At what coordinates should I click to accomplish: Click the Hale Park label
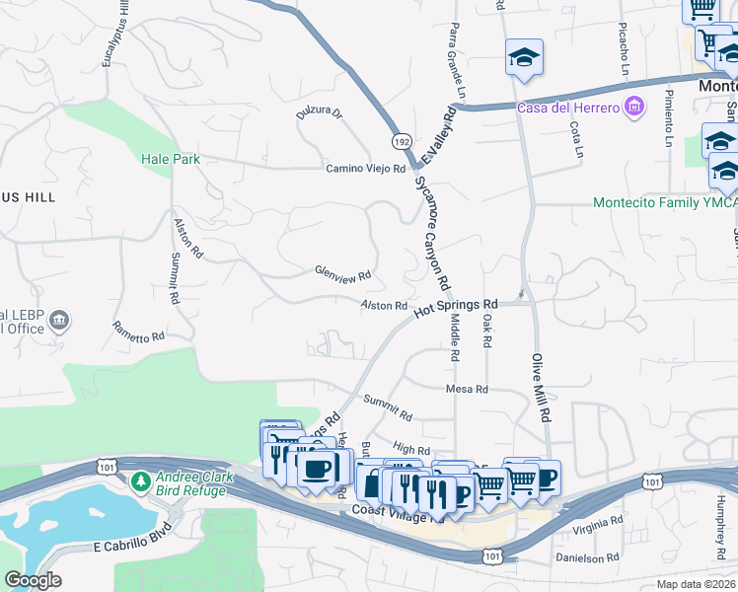click(170, 158)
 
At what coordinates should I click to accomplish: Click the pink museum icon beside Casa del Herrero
click(635, 106)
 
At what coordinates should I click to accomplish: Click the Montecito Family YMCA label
click(664, 202)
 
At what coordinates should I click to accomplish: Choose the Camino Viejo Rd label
click(367, 169)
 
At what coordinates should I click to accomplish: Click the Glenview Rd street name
click(342, 273)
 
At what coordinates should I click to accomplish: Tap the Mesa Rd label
click(467, 390)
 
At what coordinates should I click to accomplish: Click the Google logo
click(33, 580)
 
